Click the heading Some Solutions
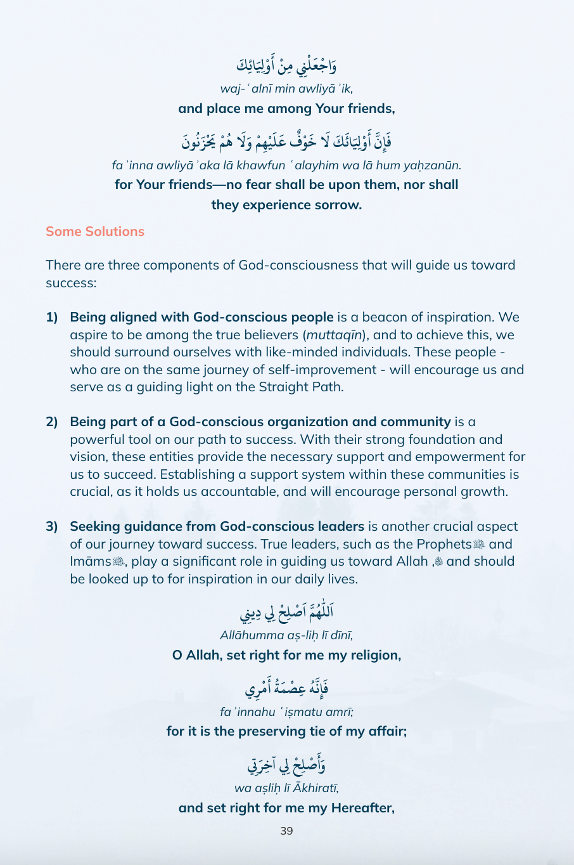pos(95,231)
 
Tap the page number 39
pos(286,831)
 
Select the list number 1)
pos(52,317)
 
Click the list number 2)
pos(52,422)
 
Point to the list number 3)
pos(52,526)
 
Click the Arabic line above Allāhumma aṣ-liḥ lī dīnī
pos(286,613)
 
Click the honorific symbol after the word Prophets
pos(479,545)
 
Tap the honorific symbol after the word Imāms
pos(118,562)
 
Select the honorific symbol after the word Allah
pos(439,562)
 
